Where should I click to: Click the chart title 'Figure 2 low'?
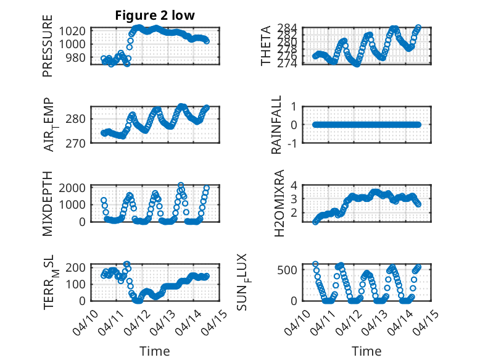coord(155,16)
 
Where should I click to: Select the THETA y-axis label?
coord(266,46)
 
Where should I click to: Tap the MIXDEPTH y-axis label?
coord(48,203)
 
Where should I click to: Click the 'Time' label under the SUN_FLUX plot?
coord(366,351)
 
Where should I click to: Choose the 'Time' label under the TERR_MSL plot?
coord(154,351)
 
